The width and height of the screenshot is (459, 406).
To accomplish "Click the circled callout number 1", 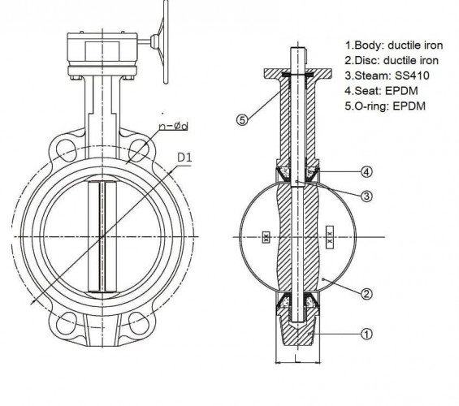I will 366,333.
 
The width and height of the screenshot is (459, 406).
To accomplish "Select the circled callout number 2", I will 366,293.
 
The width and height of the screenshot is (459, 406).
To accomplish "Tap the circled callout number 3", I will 366,196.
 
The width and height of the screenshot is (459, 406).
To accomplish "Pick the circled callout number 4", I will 366,171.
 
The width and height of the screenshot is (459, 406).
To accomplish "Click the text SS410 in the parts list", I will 409,75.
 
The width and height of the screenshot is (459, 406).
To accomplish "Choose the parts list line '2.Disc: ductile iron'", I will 392,60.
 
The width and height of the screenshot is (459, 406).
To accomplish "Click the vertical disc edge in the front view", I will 102,237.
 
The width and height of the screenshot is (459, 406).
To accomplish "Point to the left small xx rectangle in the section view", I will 266,238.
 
